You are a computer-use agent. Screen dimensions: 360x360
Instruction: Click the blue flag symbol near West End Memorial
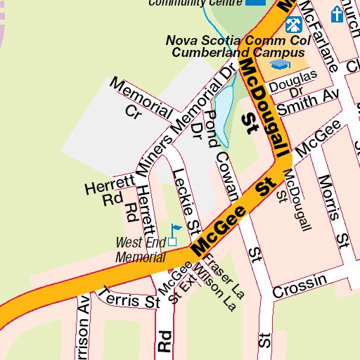coord(175,229)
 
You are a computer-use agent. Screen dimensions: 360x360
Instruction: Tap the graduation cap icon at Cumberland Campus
coord(281,65)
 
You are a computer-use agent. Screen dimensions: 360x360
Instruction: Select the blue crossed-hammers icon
coord(293,25)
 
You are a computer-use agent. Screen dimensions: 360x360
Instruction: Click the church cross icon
coord(337,13)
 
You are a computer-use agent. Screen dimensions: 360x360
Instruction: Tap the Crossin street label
coord(300,286)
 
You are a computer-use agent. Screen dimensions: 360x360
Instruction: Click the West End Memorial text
coord(141,250)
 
